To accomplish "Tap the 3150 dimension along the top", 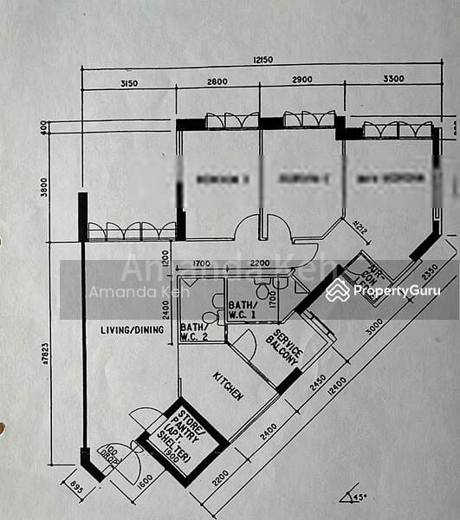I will pyautogui.click(x=128, y=83).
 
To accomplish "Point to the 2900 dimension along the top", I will pyautogui.click(x=302, y=80).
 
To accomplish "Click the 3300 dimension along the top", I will pyautogui.click(x=393, y=79).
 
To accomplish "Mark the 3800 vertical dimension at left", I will pyautogui.click(x=44, y=187).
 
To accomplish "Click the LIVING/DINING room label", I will pyautogui.click(x=133, y=329).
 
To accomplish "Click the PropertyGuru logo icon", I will pyautogui.click(x=338, y=290).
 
